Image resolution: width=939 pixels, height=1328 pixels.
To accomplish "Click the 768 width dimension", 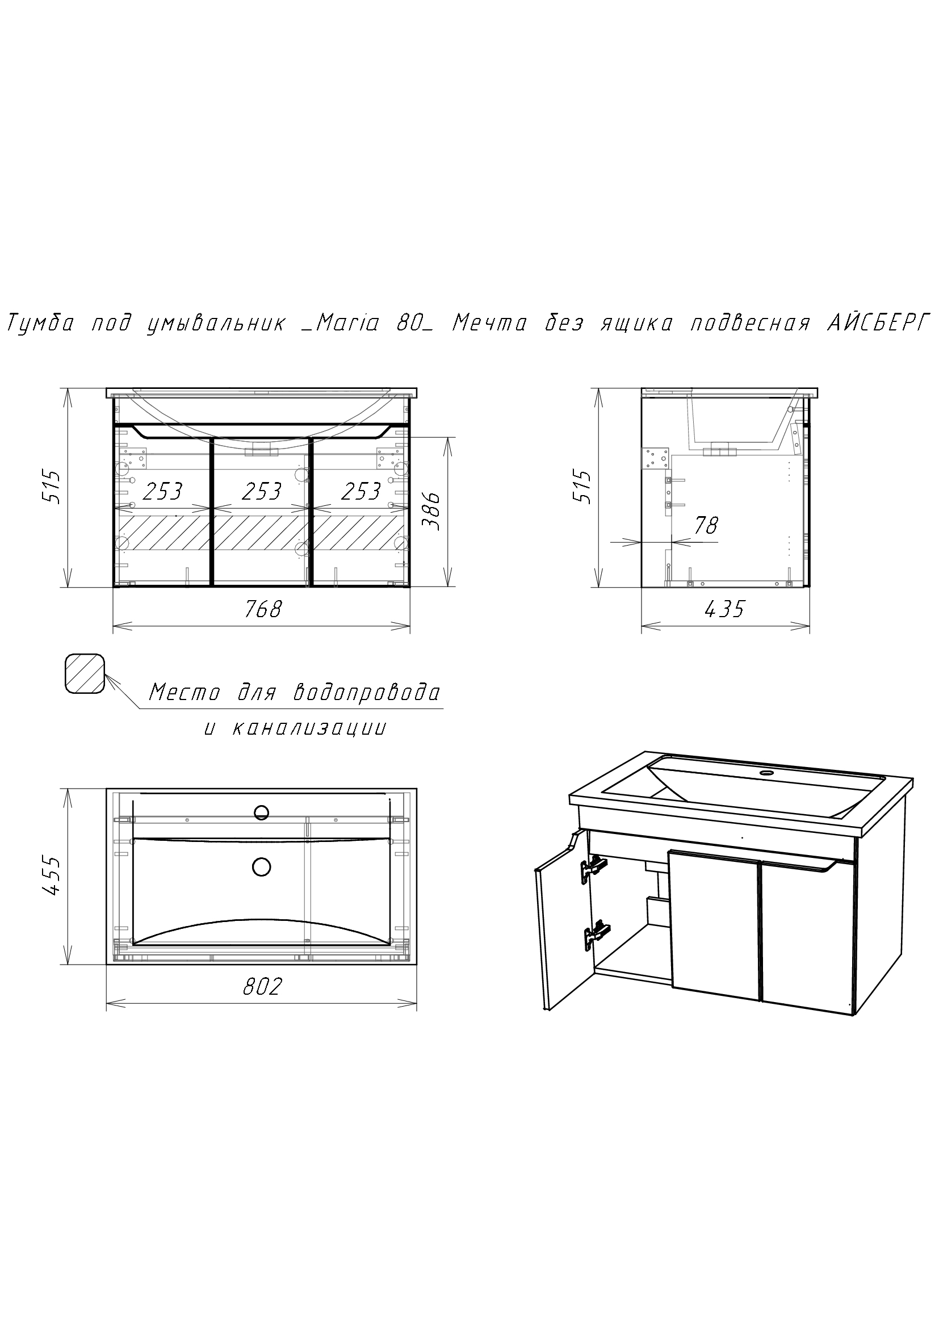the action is (x=263, y=609).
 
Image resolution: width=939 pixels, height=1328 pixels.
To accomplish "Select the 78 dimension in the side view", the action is (x=706, y=525).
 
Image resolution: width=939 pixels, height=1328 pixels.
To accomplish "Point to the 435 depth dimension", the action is (x=725, y=609).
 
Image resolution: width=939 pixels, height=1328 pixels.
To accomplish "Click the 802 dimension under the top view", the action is (x=262, y=986).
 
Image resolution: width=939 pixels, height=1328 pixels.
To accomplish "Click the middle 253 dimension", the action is (x=261, y=492).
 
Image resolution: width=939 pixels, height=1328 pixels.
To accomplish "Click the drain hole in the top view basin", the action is (x=262, y=866).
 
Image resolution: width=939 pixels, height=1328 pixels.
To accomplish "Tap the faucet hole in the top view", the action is (x=262, y=812).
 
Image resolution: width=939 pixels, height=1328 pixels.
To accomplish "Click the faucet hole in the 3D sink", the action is (x=768, y=772).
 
